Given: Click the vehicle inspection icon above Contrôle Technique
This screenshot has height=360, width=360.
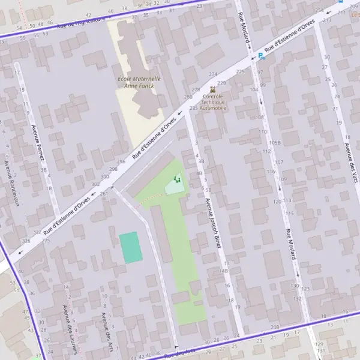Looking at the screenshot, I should (x=212, y=88).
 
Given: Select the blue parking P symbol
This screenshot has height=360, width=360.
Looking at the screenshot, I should (x=260, y=56).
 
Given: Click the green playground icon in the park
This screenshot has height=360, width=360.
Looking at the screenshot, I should (x=176, y=179).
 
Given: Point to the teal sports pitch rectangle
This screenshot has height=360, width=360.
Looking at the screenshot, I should (x=131, y=247).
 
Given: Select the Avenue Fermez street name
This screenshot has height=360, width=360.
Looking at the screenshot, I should (x=41, y=145).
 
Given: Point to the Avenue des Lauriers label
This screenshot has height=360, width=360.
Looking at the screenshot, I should (x=69, y=329).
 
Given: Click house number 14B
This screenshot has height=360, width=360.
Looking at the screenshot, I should (x=224, y=271).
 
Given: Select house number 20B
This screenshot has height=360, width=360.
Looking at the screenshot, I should (x=275, y=327).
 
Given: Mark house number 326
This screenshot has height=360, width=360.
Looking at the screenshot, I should (x=26, y=241).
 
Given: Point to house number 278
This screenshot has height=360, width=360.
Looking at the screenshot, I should (x=196, y=89).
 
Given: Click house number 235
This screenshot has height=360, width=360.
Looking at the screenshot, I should (x=193, y=108).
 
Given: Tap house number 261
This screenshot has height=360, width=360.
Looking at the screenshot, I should (x=104, y=193).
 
